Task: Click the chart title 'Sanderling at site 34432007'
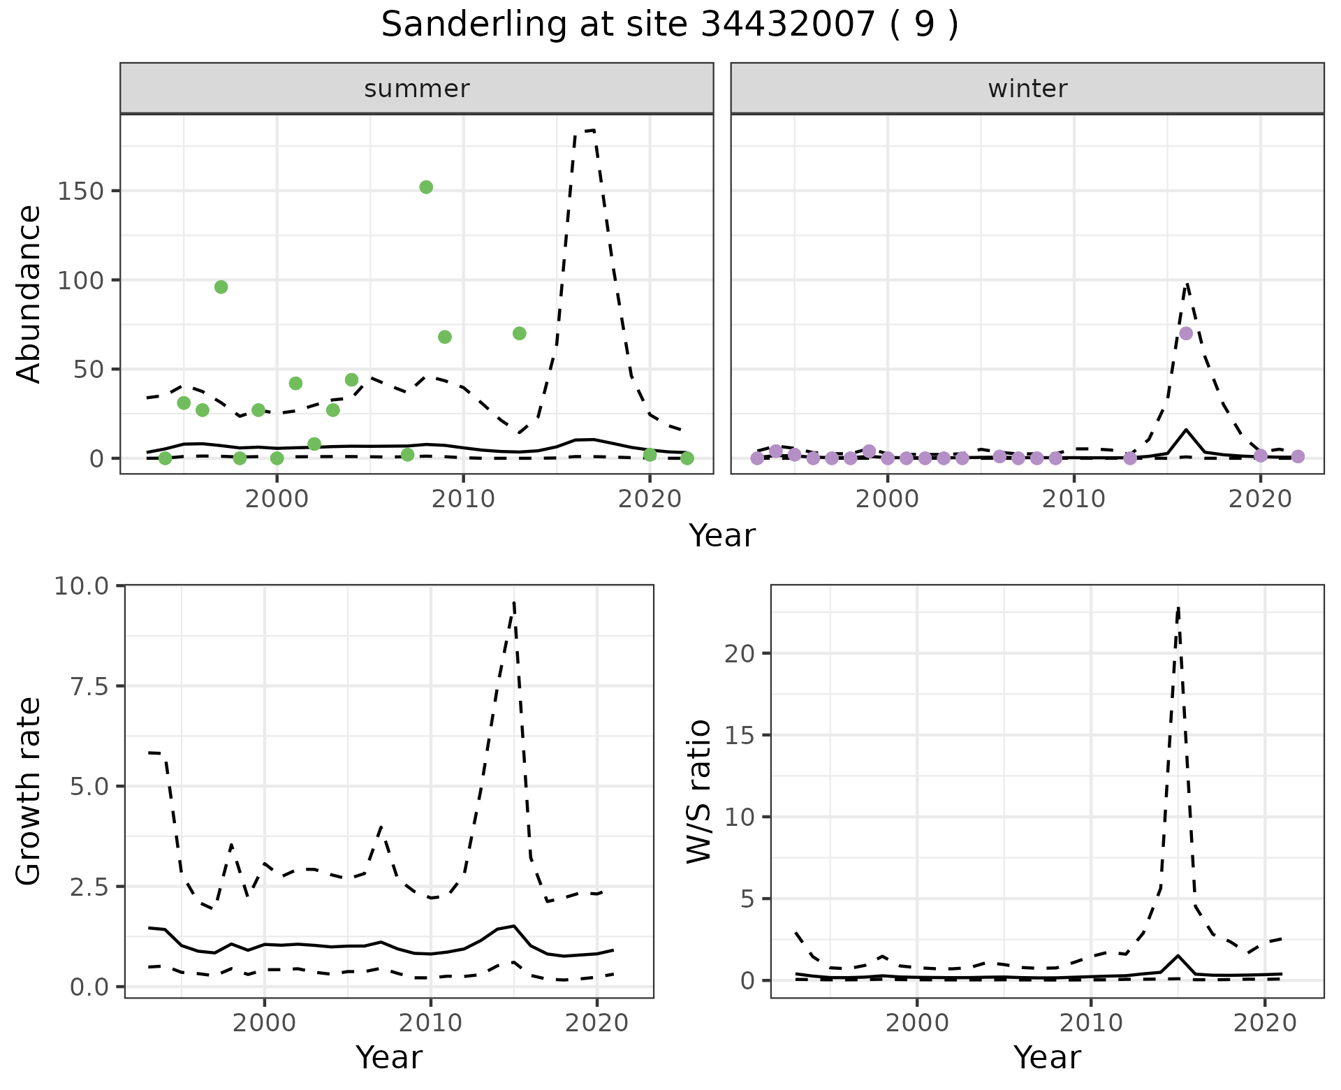coord(669,25)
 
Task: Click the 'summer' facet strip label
coord(417,89)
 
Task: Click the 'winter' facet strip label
coord(1027,89)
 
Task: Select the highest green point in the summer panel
coord(426,187)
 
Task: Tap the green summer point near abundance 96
coord(221,287)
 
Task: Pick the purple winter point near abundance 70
coord(1186,333)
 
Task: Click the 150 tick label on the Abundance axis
coord(80,191)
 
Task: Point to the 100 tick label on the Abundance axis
coord(80,280)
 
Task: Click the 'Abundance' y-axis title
coord(29,293)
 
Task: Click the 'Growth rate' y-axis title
coord(29,791)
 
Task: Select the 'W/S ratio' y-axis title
coord(699,791)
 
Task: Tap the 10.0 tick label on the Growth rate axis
coord(81,586)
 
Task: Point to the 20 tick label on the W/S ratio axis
coord(740,653)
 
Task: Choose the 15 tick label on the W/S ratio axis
coord(740,735)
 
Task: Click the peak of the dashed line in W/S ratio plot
coord(1178,608)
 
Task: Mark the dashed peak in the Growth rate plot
coord(514,602)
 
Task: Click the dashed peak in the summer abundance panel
coord(593,130)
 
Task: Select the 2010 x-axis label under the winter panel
coord(1073,499)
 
